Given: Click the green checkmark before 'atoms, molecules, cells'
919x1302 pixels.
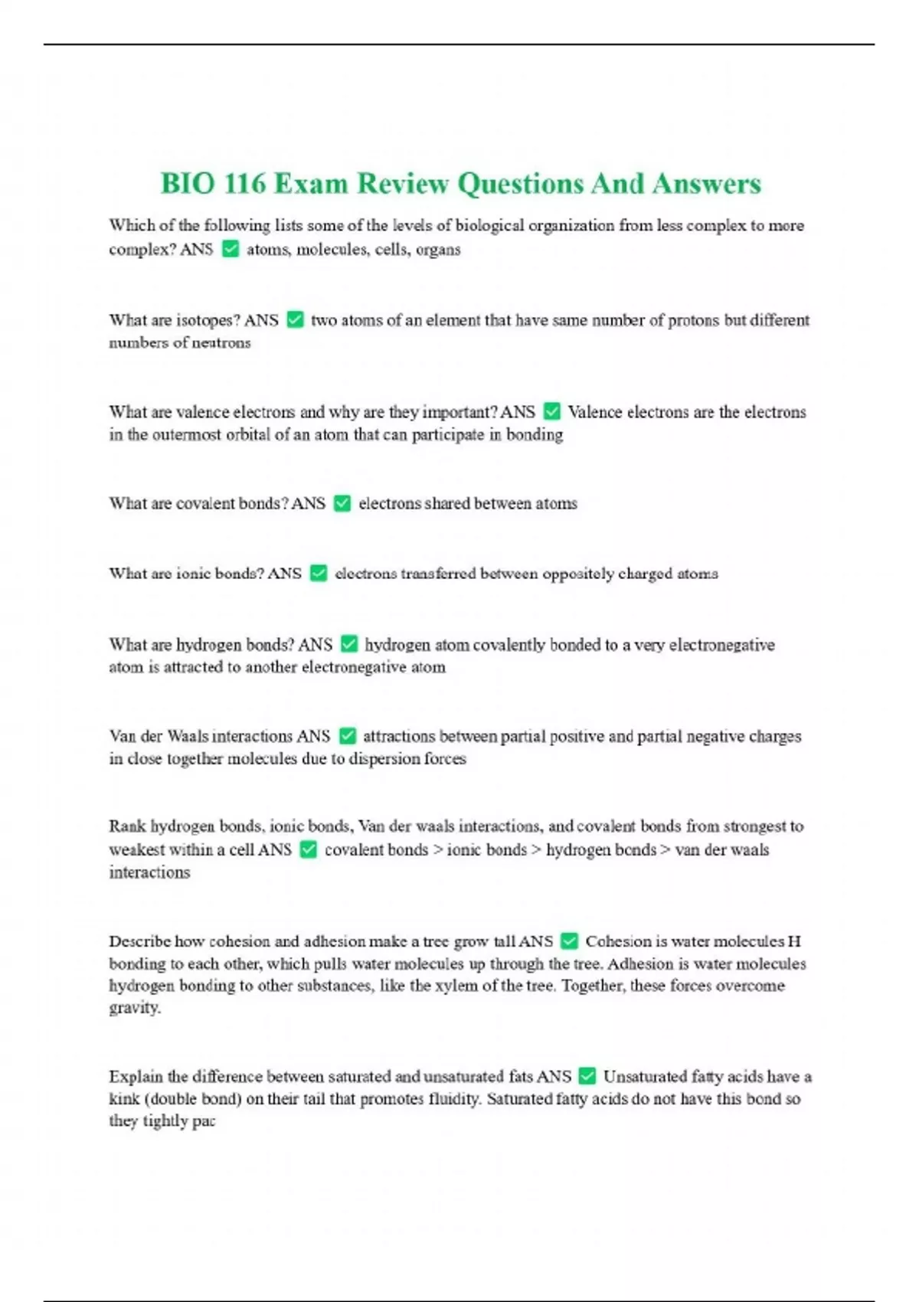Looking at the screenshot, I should coord(231,249).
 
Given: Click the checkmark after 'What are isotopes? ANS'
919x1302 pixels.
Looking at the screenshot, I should coord(295,320).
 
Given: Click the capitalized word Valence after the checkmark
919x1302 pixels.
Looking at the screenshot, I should coord(595,412).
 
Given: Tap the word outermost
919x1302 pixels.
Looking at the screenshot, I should coord(185,434).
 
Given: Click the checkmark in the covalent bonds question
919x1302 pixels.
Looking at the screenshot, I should coord(342,503).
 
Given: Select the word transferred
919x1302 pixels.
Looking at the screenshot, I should coord(437,574).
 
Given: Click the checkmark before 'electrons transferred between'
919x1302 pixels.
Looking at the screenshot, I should coord(319,574).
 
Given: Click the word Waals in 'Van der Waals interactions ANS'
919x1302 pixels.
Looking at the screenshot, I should coord(188,736).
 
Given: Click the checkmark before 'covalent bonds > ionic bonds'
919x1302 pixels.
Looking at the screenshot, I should coord(309,849).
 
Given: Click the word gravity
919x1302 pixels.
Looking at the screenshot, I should coord(135,1008).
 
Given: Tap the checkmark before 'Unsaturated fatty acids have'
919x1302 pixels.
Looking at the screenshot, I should coord(587,1076).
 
